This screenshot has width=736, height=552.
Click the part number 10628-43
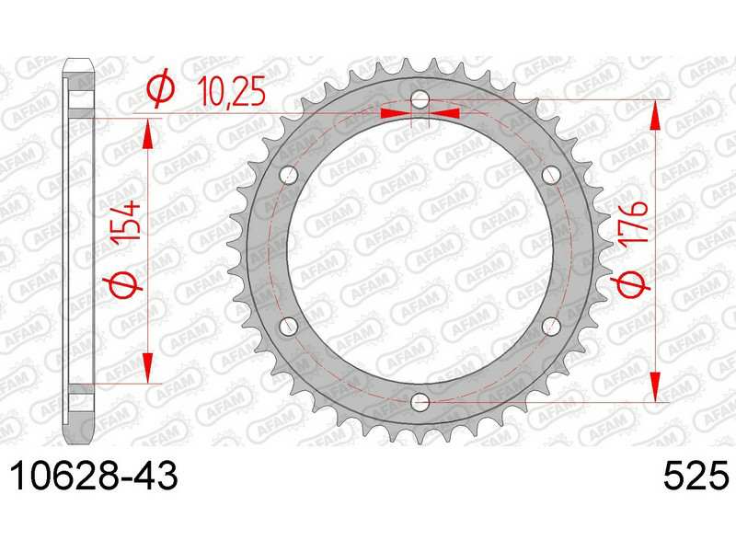point(95,476)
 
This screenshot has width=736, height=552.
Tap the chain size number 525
point(696,476)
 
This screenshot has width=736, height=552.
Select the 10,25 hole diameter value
point(232,91)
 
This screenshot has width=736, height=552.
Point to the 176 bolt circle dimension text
point(633,221)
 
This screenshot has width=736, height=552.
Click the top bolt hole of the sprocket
point(420,99)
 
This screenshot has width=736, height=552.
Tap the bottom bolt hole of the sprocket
point(420,402)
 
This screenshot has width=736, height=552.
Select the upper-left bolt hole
point(289,175)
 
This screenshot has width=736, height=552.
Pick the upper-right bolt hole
point(551,175)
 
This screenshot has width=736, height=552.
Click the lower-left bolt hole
point(289,327)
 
